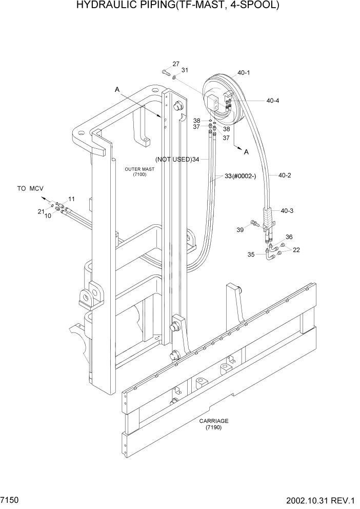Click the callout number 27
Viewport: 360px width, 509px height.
click(176, 64)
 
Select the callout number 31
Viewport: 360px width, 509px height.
click(185, 70)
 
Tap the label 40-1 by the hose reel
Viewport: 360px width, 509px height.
click(244, 73)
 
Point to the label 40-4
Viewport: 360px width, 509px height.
click(272, 101)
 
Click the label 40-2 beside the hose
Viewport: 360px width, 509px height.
click(285, 175)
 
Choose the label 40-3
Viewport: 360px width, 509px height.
click(287, 211)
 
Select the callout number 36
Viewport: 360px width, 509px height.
click(289, 237)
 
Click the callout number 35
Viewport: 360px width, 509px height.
click(251, 254)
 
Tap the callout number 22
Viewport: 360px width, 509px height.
click(296, 250)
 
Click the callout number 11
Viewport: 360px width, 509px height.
click(71, 199)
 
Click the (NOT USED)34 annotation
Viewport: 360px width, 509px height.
click(177, 160)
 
